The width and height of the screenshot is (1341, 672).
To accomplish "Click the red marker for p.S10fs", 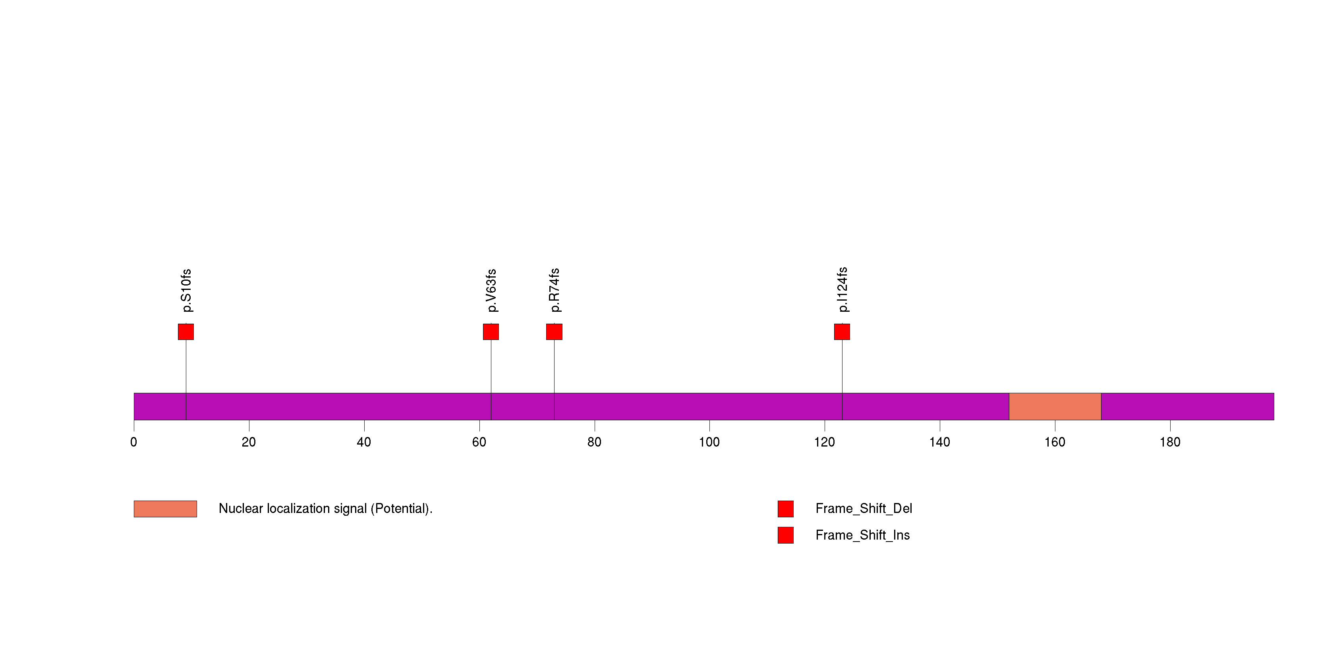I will (x=186, y=332).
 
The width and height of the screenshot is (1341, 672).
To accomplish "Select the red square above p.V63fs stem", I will (x=491, y=332).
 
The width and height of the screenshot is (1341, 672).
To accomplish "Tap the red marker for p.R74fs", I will (x=554, y=332).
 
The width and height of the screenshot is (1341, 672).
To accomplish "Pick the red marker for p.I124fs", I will (x=842, y=332).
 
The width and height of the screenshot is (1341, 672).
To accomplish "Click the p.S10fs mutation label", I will (x=186, y=291).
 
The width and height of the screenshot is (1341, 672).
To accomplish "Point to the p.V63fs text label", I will (x=491, y=291).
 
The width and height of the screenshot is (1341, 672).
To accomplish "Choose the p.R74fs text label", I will (x=555, y=290).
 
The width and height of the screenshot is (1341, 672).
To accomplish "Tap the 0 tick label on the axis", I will (x=134, y=442).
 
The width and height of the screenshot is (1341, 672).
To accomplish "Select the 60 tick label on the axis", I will (x=479, y=442).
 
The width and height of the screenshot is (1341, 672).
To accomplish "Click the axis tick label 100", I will (x=709, y=442).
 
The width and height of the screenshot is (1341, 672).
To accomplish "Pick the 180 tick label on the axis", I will (x=1170, y=442).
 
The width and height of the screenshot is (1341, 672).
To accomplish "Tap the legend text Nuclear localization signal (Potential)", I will (x=325, y=509).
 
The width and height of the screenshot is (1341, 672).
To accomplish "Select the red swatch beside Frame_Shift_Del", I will (x=786, y=509).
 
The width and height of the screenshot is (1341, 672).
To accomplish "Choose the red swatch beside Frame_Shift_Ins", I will (x=786, y=535).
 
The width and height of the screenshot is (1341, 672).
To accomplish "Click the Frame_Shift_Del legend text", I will (x=864, y=509).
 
